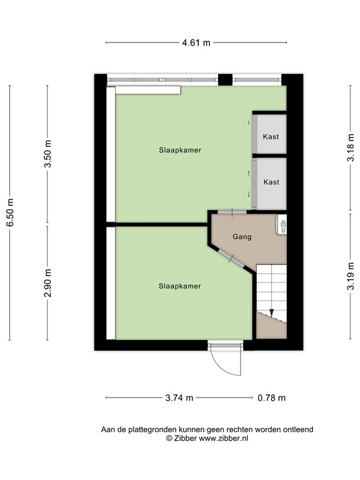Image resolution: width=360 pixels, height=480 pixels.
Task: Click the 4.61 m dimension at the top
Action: (196, 43)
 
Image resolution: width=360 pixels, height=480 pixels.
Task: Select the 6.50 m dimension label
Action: (9, 213)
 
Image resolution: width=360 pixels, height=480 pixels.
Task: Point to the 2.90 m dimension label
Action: (47, 282)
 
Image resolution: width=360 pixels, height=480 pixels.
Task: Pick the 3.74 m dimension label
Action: (179, 397)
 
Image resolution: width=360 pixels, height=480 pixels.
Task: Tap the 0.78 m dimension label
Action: (271, 397)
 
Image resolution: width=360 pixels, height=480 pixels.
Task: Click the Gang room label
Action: (242, 237)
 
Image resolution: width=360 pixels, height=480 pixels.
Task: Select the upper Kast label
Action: (271, 137)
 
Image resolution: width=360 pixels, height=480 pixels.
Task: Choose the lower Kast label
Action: (271, 182)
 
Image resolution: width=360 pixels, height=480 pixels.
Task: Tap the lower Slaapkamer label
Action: (179, 286)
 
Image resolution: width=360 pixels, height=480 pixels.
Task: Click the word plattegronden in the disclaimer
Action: (150, 429)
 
